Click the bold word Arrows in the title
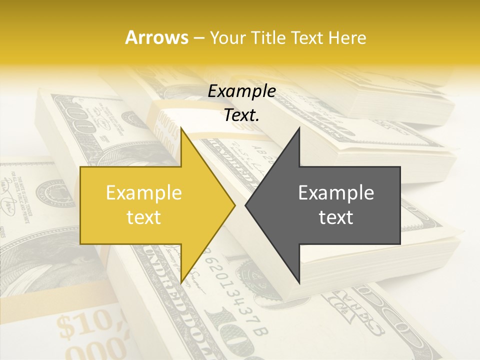pyautogui.click(x=156, y=37)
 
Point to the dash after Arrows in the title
pyautogui.click(x=198, y=38)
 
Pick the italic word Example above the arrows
pyautogui.click(x=241, y=91)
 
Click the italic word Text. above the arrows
pyautogui.click(x=241, y=115)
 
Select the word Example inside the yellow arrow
pyautogui.click(x=144, y=193)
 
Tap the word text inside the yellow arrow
pyautogui.click(x=144, y=217)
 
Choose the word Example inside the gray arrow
pyautogui.click(x=336, y=193)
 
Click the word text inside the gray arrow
pyautogui.click(x=336, y=217)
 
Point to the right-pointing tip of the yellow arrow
pyautogui.click(x=234, y=205)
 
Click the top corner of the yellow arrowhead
pyautogui.click(x=181, y=128)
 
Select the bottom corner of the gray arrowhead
pyautogui.click(x=299, y=283)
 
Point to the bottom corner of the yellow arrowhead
pyautogui.click(x=181, y=282)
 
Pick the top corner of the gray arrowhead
pyautogui.click(x=299, y=128)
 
